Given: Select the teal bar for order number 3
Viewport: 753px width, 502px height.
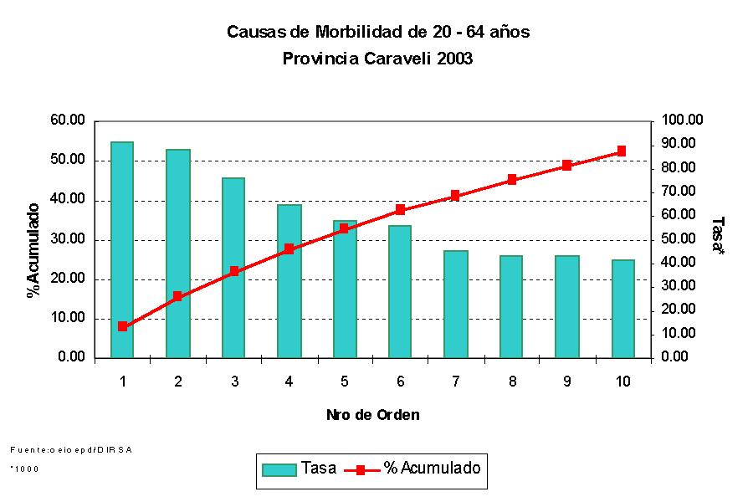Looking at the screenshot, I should pos(233,268).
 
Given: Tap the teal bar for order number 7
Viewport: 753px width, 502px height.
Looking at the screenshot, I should pos(456,304).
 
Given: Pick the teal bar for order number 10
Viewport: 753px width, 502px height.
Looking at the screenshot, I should pos(622,309).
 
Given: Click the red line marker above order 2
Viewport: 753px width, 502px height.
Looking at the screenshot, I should pos(177,296).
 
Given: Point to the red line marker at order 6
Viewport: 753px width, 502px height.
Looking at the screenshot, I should pos(400,210).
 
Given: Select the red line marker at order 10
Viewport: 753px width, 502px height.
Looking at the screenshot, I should pos(622,151).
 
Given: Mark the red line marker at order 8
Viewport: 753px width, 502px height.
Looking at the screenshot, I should pos(511,180).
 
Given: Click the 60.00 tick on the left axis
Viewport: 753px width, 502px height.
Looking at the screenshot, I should pos(68,120).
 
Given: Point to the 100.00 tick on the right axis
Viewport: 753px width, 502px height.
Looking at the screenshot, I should pos(683,120).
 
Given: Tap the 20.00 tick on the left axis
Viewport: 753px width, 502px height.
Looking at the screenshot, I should pos(68,279).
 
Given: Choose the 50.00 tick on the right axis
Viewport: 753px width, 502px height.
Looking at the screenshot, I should pos(680,239).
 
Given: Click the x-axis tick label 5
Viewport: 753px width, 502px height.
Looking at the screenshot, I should pos(345,382).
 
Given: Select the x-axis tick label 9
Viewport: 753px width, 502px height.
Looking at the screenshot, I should pos(566,382).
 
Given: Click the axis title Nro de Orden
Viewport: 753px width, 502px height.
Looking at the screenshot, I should pos(373,415).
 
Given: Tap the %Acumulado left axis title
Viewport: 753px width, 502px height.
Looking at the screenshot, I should pos(33,250).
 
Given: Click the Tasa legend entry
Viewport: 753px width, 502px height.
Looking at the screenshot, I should pos(300,469).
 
